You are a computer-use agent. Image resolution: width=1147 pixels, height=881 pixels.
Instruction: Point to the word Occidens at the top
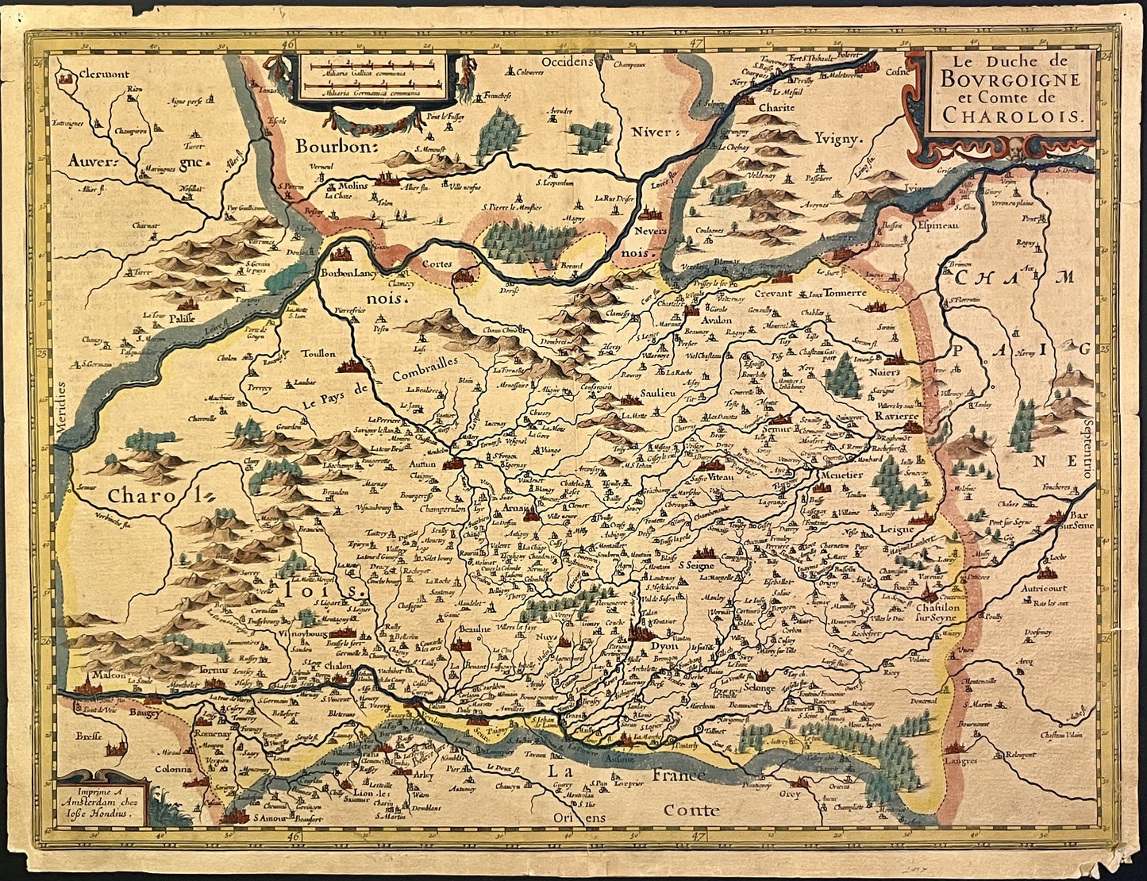click(566, 61)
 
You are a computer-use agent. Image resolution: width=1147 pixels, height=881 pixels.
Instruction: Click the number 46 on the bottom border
click(294, 837)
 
